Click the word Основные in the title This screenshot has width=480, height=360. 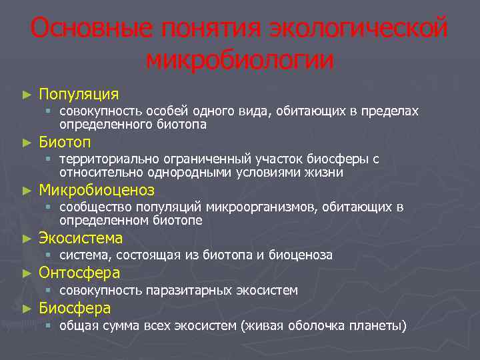pyautogui.click(x=85, y=29)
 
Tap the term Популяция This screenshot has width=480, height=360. pyautogui.click(x=79, y=94)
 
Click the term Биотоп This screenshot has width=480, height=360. pyautogui.click(x=65, y=142)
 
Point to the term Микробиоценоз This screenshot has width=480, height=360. pyautogui.click(x=97, y=190)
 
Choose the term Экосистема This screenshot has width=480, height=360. pyautogui.click(x=81, y=238)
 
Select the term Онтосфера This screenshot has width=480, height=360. pyautogui.click(x=79, y=273)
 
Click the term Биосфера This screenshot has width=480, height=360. pyautogui.click(x=75, y=308)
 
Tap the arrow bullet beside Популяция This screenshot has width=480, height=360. pyautogui.click(x=27, y=95)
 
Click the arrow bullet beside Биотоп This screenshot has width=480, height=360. pyautogui.click(x=27, y=143)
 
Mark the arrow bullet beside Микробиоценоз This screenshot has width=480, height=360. pyautogui.click(x=27, y=191)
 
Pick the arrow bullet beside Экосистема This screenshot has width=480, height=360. pyautogui.click(x=27, y=239)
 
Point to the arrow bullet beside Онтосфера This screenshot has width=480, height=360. pyautogui.click(x=27, y=273)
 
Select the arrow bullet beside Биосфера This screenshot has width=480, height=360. pyautogui.click(x=27, y=309)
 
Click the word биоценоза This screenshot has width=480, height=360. pyautogui.click(x=304, y=255)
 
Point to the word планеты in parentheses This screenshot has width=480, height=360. pyautogui.click(x=379, y=326)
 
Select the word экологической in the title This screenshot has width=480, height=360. pyautogui.click(x=357, y=29)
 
